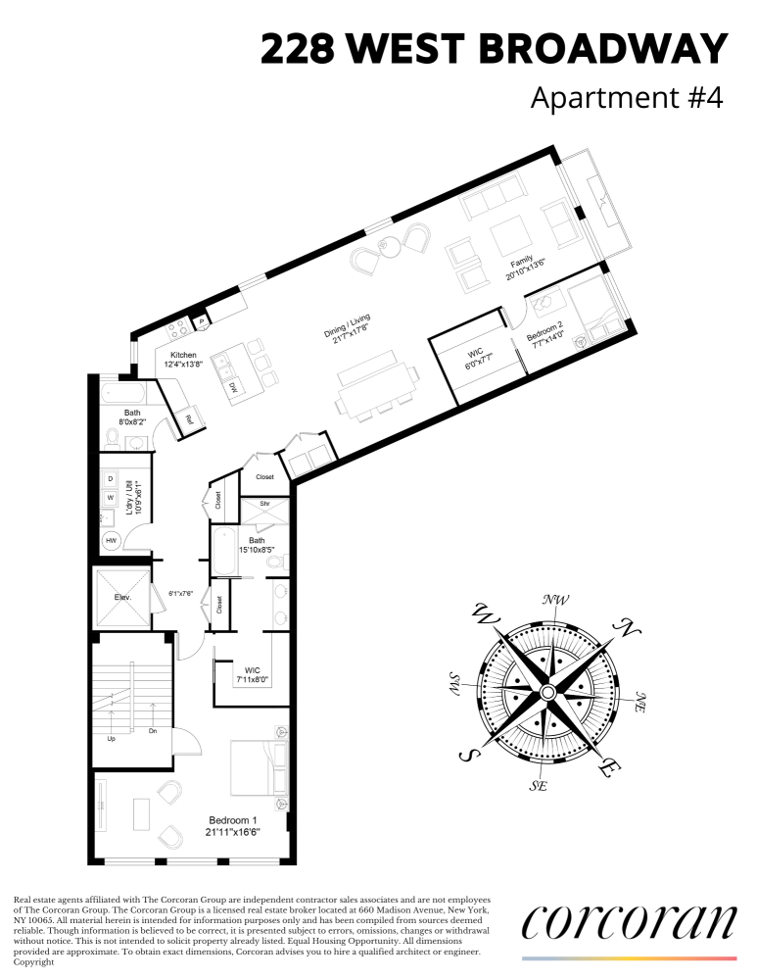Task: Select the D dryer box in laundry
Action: tap(110, 479)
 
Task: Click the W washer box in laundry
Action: tap(110, 497)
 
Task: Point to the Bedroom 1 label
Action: tap(232, 820)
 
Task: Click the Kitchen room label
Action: tap(183, 355)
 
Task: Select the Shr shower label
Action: tap(263, 504)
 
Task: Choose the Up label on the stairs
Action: tap(111, 738)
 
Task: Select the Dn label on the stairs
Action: tap(153, 730)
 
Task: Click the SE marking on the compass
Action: tap(538, 786)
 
